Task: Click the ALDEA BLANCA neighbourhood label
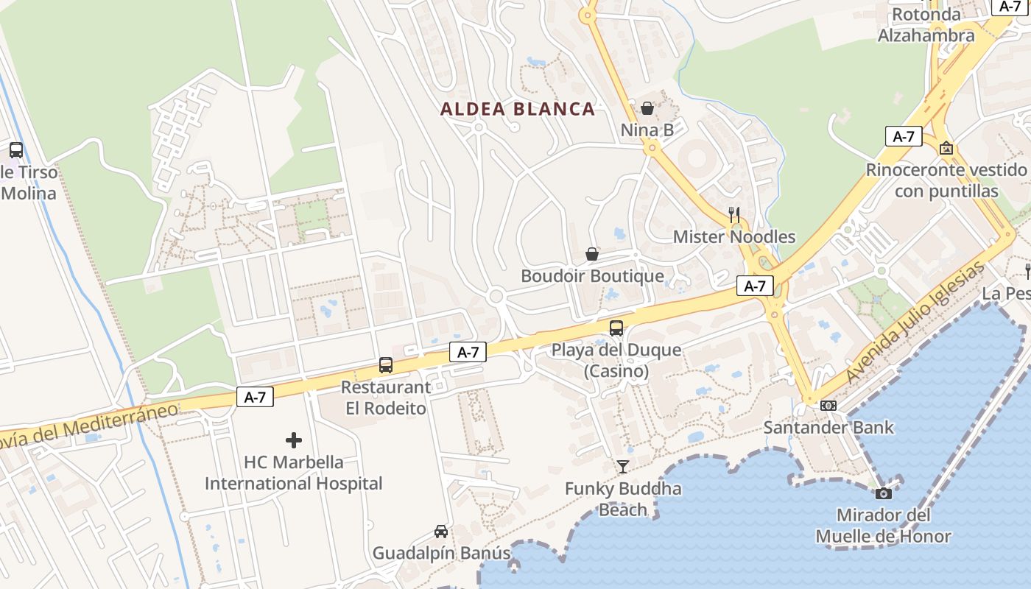[x=517, y=110]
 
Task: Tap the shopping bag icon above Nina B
[x=647, y=109]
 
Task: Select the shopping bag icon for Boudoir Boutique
[x=591, y=255]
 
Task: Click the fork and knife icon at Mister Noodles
[x=733, y=215]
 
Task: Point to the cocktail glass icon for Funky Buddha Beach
[x=623, y=466]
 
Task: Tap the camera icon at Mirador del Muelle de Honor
[x=883, y=493]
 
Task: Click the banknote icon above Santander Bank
[x=828, y=406]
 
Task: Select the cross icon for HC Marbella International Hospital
[x=294, y=440]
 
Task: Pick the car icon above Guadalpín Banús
[x=441, y=532]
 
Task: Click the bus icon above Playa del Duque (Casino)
[x=616, y=328]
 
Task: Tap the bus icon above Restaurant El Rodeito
[x=386, y=365]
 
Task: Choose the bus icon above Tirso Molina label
[x=16, y=150]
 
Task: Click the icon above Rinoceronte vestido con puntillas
[x=946, y=148]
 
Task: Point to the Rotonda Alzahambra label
[x=926, y=25]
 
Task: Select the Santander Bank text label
[x=828, y=427]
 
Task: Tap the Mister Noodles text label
[x=734, y=237]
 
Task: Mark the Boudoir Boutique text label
[x=592, y=276]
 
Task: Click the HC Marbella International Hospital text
[x=293, y=473]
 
